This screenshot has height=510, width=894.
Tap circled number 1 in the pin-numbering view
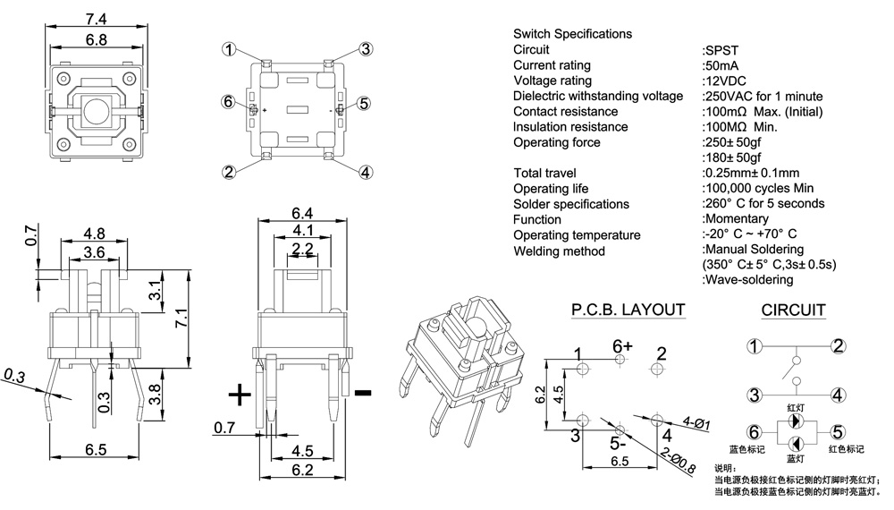[232, 50]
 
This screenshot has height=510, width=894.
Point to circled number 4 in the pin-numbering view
[365, 172]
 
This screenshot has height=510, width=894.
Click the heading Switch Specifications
[572, 34]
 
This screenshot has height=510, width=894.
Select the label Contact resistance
[565, 112]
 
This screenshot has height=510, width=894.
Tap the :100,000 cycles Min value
[758, 188]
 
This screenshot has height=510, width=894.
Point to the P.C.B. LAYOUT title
[628, 310]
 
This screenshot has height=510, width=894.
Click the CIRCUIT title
[793, 310]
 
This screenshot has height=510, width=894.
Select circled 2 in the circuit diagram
[838, 346]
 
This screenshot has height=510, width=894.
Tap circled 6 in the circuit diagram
[755, 431]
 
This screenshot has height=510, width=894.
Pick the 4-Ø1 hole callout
[696, 422]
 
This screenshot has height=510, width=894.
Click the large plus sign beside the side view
[239, 394]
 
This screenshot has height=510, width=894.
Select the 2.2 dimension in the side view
[302, 248]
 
